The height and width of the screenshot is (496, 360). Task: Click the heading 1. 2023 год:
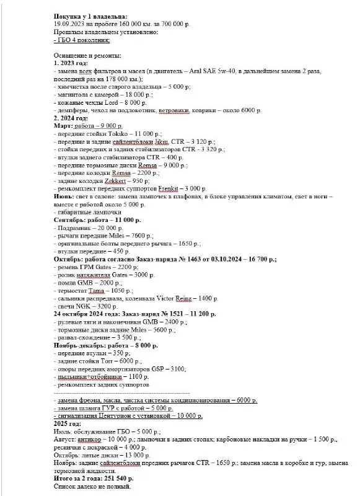point(73,63)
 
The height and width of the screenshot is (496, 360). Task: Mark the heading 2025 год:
point(72,424)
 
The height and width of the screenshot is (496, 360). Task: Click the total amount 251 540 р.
point(115,479)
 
